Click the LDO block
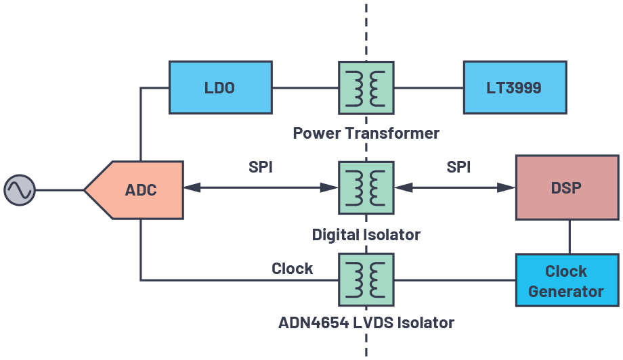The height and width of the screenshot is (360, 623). point(219,87)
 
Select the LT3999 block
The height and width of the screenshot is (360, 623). point(515,87)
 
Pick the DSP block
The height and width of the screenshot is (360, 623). point(567,187)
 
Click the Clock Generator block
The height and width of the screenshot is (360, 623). point(567,282)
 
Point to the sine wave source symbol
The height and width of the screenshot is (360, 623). point(20,189)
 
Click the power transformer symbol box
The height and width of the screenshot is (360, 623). point(366,87)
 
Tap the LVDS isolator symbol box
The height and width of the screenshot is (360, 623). point(366,280)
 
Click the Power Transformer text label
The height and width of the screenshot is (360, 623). point(366,133)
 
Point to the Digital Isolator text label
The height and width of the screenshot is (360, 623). point(366,235)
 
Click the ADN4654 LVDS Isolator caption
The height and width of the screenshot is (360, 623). point(366,322)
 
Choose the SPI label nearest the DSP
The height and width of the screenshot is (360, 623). point(458,167)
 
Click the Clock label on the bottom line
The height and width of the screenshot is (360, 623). point(293,269)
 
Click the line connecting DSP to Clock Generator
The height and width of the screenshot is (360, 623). point(569,237)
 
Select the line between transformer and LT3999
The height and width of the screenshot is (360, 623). point(428,87)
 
